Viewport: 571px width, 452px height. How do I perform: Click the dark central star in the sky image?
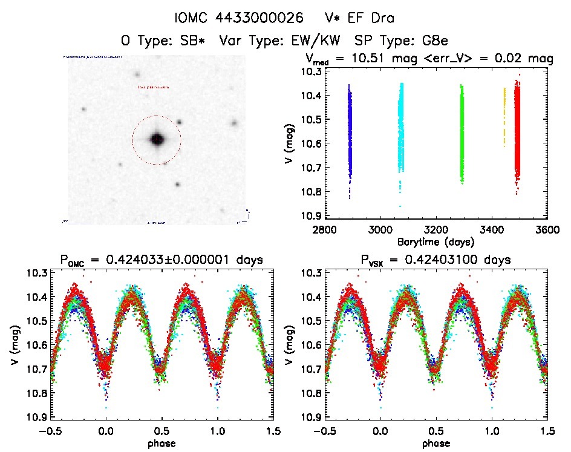[157, 139]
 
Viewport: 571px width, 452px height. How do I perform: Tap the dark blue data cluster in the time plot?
[350, 136]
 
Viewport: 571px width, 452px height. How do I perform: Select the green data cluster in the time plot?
[462, 133]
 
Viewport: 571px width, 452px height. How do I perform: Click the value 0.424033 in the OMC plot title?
[143, 260]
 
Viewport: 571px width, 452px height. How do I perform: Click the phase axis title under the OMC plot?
[162, 443]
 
